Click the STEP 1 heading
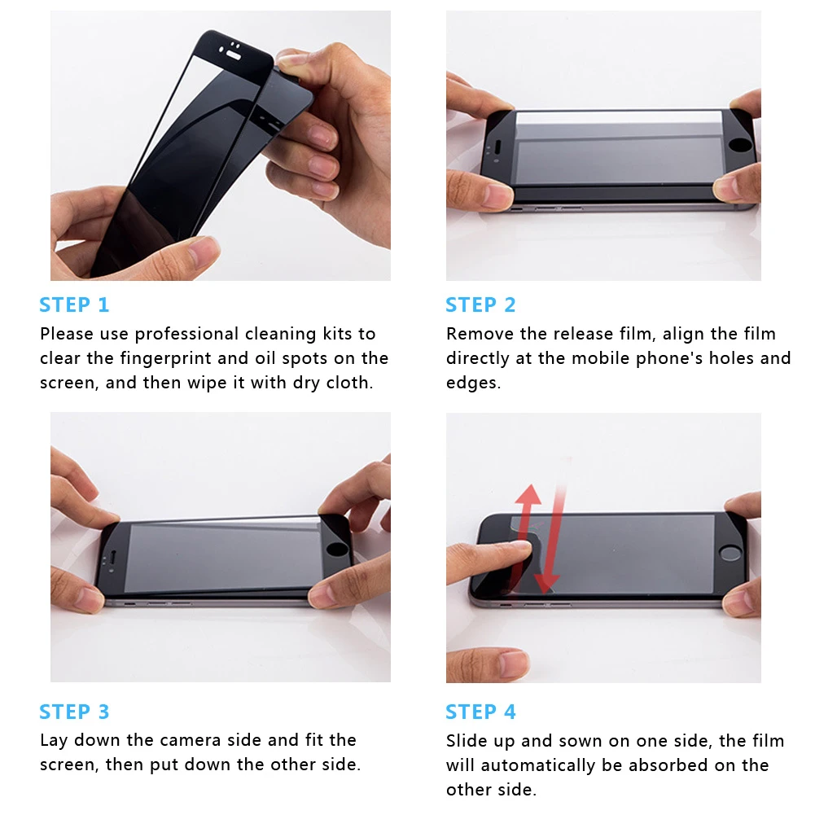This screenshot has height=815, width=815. (74, 305)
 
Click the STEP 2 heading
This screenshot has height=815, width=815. (481, 305)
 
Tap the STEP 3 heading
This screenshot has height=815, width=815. (74, 712)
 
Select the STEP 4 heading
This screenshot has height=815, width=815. (481, 712)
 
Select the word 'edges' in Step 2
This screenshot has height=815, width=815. (471, 383)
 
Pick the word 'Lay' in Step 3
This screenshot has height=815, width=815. (54, 741)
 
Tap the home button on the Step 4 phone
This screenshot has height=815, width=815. (730, 553)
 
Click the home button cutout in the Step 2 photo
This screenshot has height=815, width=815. (739, 144)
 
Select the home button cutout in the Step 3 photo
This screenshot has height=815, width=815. (337, 550)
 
